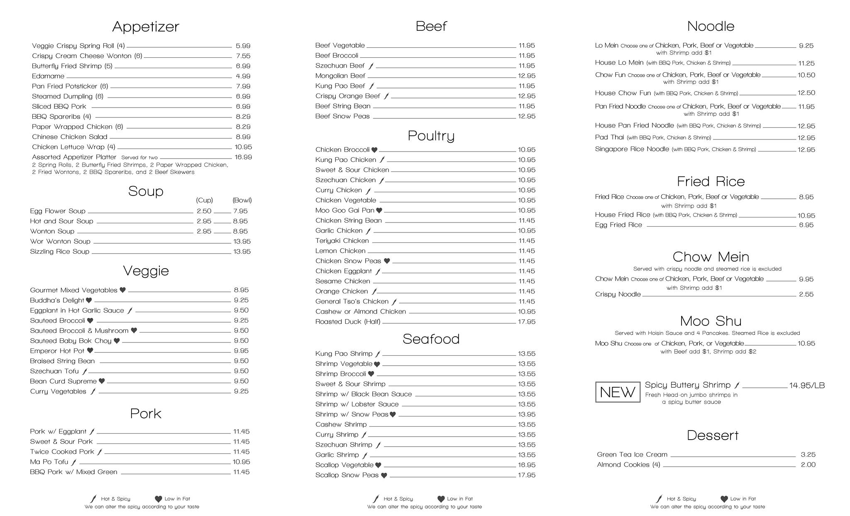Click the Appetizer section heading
pos(146,27)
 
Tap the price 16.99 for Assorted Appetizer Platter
pos(243,157)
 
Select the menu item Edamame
pos(48,76)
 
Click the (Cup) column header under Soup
pos(204,200)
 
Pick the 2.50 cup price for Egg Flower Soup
pos(204,211)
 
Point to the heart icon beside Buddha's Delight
pos(89,300)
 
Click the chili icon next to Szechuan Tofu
pos(85,372)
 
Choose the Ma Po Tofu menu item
pos(49,462)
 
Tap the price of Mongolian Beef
pos(526,76)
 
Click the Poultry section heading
pos(431,136)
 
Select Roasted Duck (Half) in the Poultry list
pos(348,322)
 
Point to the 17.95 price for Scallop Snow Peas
pos(526,475)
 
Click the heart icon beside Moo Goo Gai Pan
pos(379,210)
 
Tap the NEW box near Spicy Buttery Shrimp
pos(617,392)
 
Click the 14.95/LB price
pos(806,385)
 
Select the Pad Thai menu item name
pos(609,137)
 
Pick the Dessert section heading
pos(713,435)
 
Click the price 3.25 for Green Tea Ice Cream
pos(808,455)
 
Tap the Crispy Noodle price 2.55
pos(806,294)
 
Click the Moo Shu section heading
pos(711,321)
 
